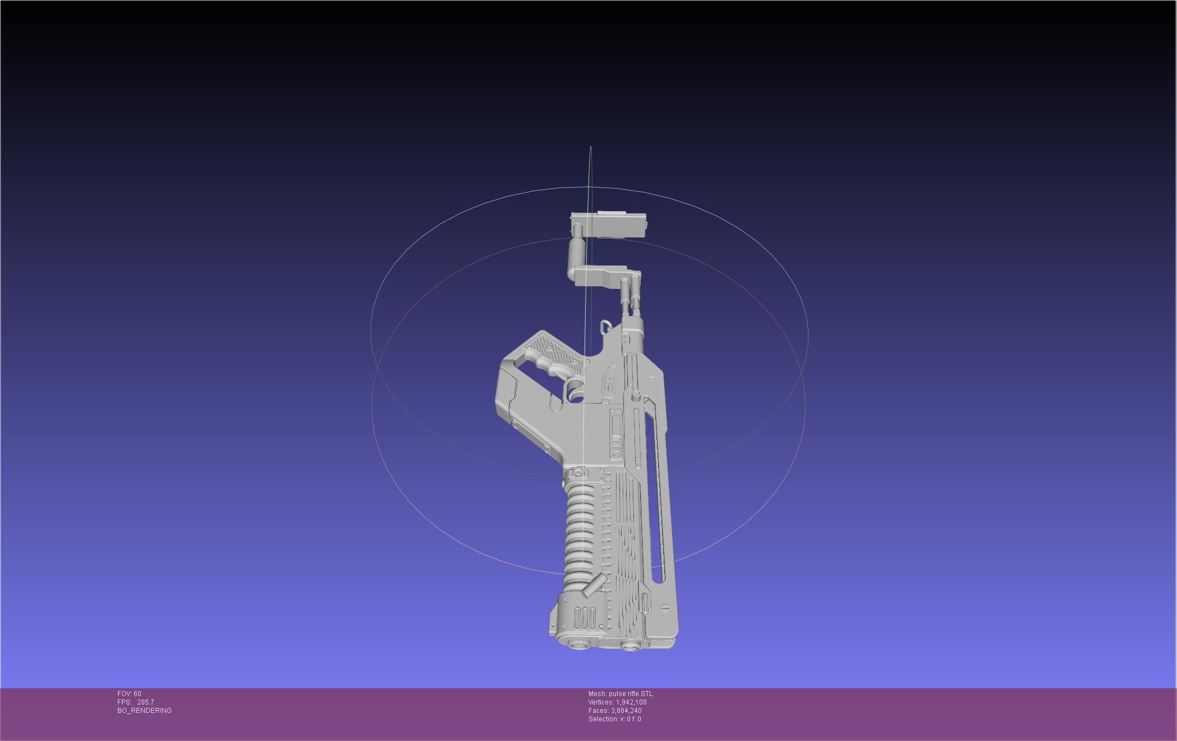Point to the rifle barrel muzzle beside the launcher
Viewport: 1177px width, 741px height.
630,647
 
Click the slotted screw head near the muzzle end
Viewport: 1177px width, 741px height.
665,607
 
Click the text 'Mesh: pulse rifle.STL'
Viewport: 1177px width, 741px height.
621,694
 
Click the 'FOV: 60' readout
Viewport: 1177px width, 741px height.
129,694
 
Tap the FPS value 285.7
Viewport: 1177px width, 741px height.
145,702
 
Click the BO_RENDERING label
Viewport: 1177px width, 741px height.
144,711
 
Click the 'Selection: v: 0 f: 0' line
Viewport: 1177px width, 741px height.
614,719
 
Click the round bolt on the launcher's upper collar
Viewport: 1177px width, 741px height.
578,474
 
